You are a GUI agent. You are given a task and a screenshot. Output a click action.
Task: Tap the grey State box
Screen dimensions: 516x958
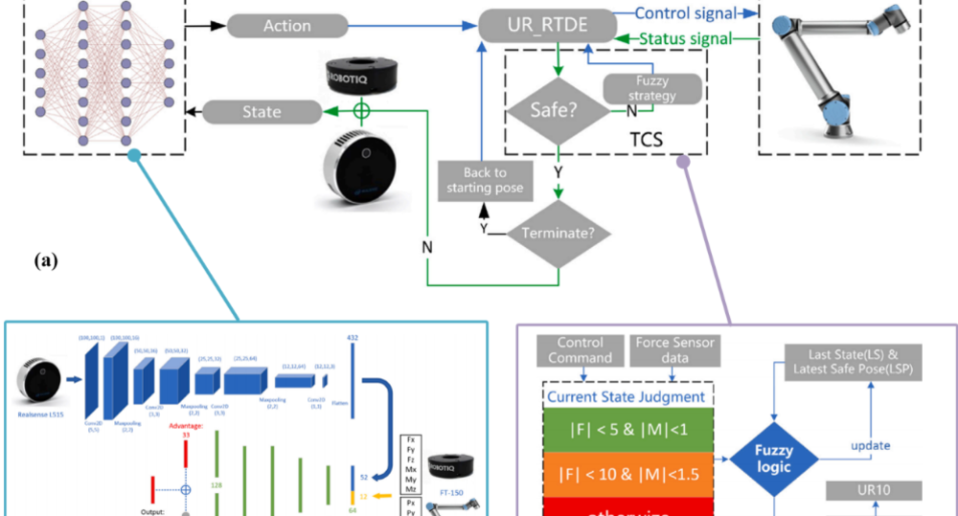[262, 112]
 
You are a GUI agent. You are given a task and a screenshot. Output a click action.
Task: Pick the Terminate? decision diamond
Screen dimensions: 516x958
[558, 233]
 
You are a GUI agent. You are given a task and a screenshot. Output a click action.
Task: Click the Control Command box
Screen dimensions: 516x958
[581, 349]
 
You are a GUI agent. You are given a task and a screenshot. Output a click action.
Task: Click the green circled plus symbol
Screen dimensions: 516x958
[361, 111]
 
